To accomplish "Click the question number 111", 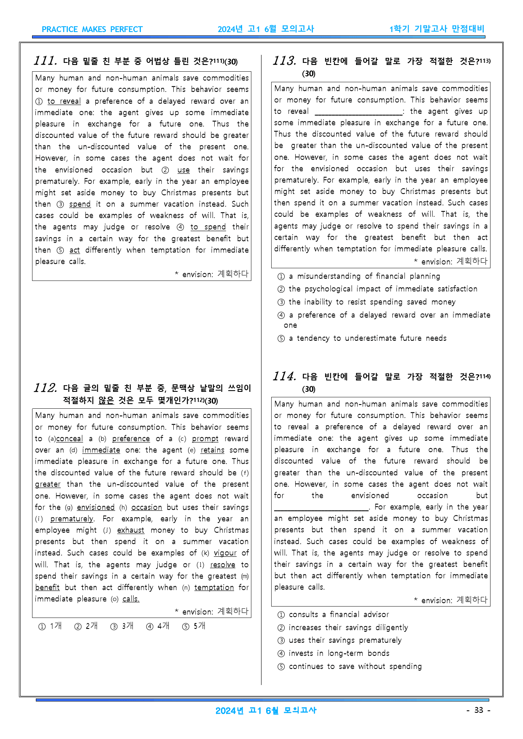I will pos(46,61).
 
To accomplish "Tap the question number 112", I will pos(46,388).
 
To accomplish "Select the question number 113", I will pos(284,61).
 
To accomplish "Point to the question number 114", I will pos(284,376).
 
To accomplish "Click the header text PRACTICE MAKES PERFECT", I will pos(92,30).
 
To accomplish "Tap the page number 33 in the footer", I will pos(478,710).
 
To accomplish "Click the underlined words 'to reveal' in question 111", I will pos(64,101).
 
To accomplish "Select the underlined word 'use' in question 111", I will pos(183,170).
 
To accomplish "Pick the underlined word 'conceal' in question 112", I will pos(69,439).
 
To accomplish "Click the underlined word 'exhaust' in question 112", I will pos(130,530).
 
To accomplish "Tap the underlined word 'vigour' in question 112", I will pos(225,553).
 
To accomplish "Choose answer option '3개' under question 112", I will pos(122,626).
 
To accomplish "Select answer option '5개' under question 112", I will pos(194,626).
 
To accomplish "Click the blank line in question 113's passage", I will pos(359,112).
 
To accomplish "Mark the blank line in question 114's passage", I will pos(321,507).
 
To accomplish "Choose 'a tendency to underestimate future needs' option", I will pos(367,338).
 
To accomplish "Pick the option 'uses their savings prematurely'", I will pos(345,640).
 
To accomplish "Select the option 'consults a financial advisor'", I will pos(338,615).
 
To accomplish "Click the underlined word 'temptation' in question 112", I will pos(214,588).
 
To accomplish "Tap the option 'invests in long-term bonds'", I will pos(339,653).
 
